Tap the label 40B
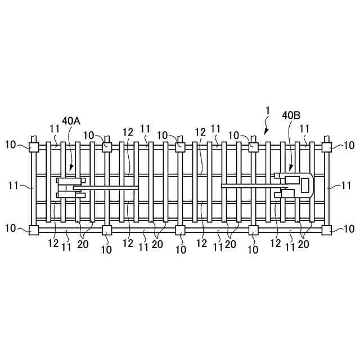tap(291, 115)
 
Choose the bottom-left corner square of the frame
tap(33, 229)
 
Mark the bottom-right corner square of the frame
tap(326, 229)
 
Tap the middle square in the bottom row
tap(180, 229)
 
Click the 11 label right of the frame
tap(346, 184)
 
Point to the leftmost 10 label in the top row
tap(11, 145)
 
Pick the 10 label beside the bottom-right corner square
tap(349, 229)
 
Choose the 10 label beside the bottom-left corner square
tap(11, 229)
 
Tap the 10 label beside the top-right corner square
tap(349, 145)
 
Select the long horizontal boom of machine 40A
tap(107, 188)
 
